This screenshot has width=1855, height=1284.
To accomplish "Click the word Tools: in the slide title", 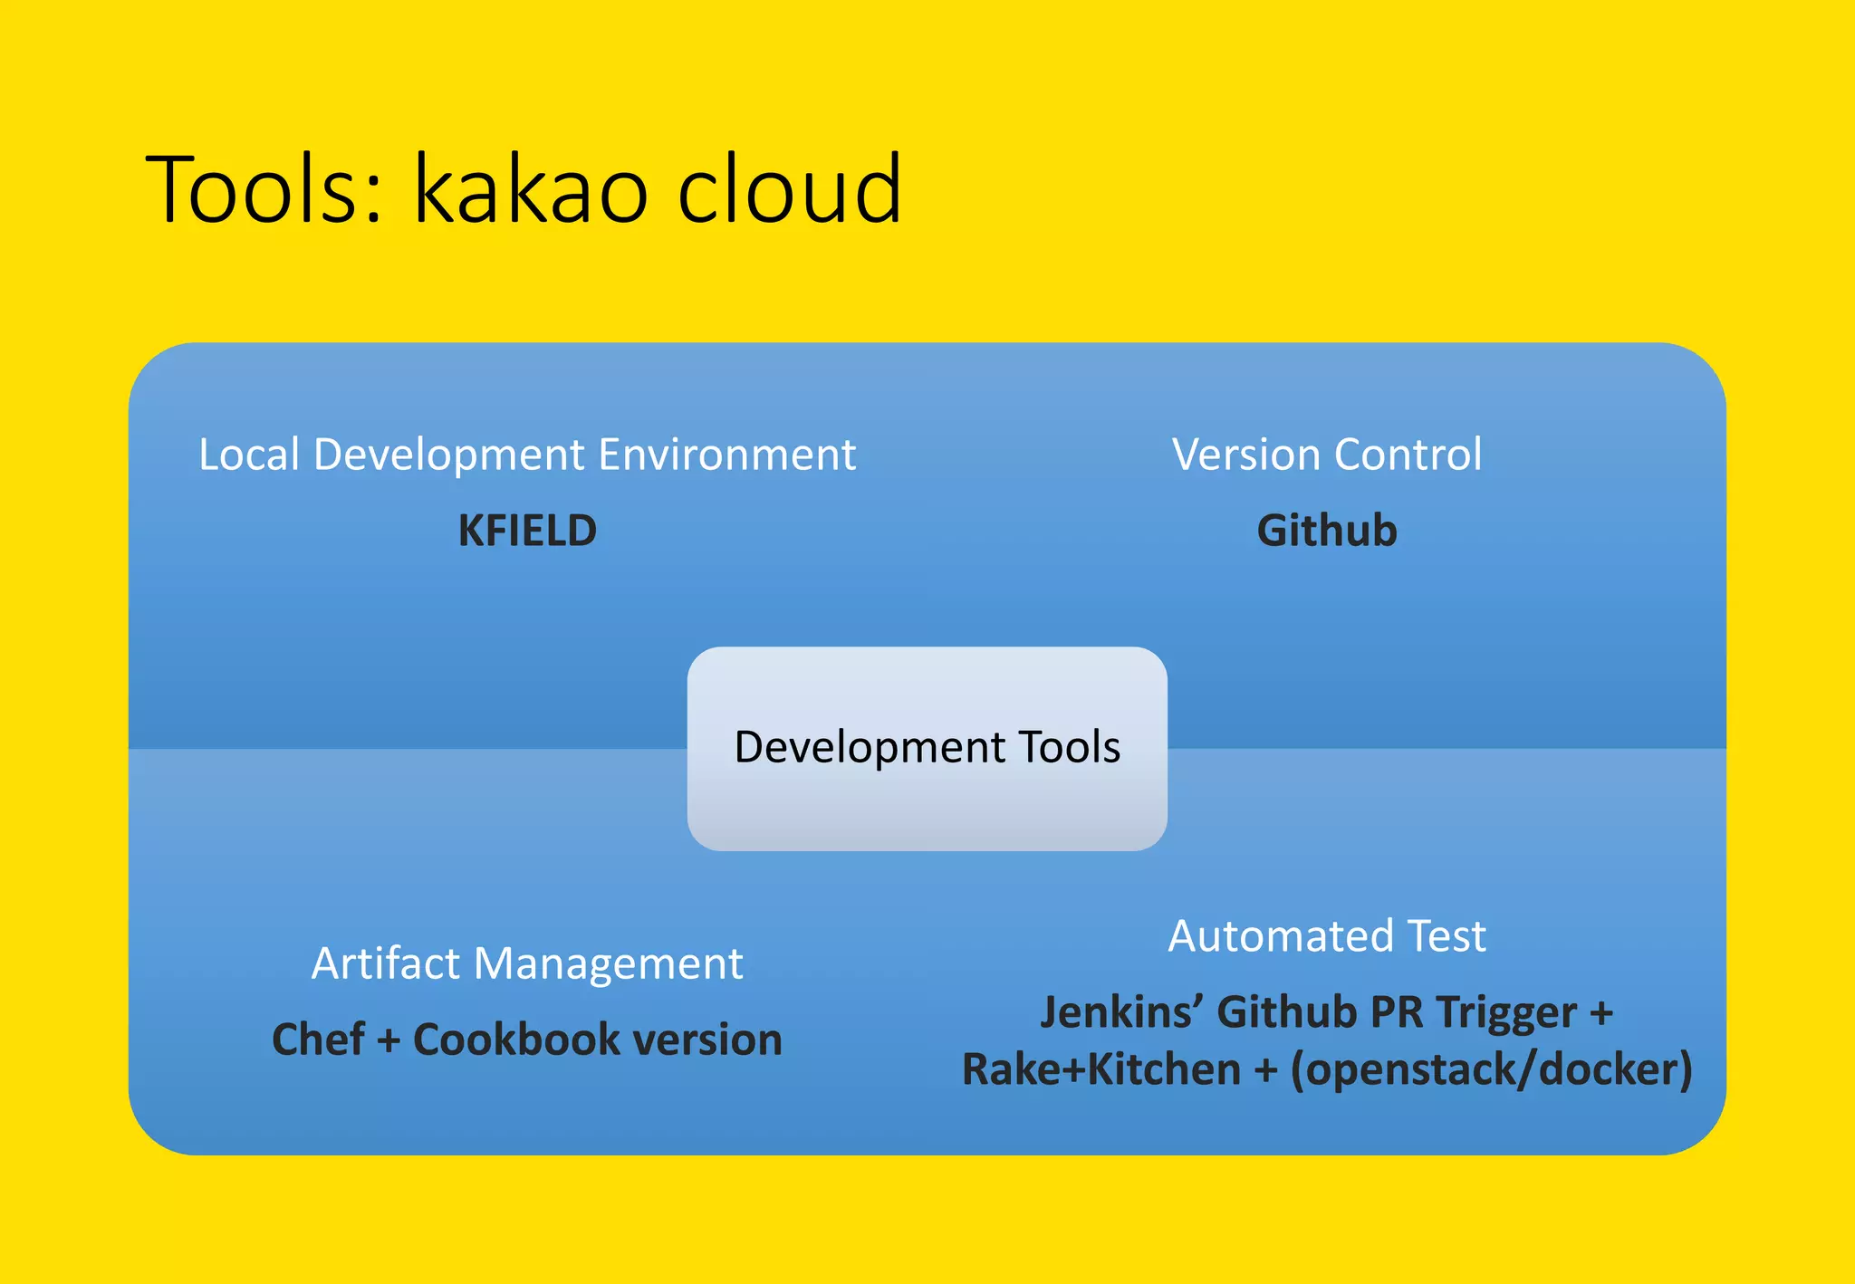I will coord(264,190).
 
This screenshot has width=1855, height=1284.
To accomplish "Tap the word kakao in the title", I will coord(531,190).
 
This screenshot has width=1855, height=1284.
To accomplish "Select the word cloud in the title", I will coord(789,190).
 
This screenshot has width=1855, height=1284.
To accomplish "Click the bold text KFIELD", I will coord(527,531).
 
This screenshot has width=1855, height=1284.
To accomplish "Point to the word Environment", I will coord(726,455).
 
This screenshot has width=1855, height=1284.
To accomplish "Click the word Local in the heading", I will coord(248,455).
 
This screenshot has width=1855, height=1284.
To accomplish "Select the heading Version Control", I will coord(1326,455).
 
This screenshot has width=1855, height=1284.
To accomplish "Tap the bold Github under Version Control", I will coord(1326,531).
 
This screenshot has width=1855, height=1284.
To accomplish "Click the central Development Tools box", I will coord(927,748).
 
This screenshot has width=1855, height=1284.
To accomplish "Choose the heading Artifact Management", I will coord(527,963).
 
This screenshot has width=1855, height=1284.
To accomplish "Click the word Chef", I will coord(318,1040).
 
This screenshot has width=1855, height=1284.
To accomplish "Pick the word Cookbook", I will coord(515,1040).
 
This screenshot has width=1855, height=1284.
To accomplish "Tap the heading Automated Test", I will coord(1326,936).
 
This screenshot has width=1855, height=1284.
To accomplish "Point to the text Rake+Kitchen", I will coord(1101,1070).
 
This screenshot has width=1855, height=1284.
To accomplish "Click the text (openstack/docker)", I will coord(1491,1070).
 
